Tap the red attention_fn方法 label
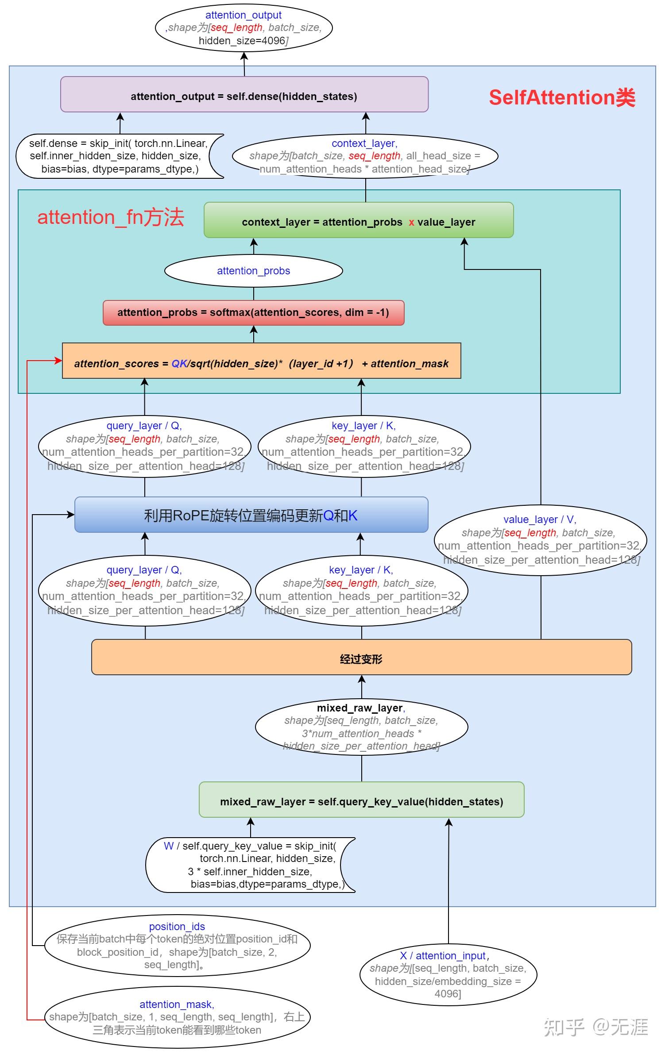[x=110, y=218]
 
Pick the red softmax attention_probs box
[x=253, y=313]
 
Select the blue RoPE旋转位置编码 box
[x=251, y=515]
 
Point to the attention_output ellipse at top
[x=244, y=28]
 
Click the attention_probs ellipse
[x=253, y=271]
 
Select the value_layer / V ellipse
[x=540, y=540]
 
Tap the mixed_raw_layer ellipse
[x=361, y=727]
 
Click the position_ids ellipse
[x=177, y=945]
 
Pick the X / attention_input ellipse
[x=448, y=974]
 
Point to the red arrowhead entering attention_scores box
[x=58, y=361]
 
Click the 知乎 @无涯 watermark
[x=596, y=1027]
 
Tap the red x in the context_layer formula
[x=411, y=223]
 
